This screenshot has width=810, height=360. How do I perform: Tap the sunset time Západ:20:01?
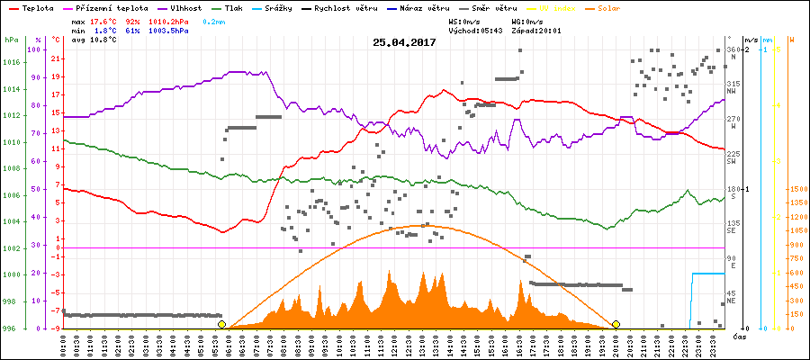[540, 30]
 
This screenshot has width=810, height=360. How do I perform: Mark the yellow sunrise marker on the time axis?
[222, 324]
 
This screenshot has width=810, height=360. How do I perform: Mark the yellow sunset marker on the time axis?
[616, 324]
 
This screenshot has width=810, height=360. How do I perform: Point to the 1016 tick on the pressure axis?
[10, 62]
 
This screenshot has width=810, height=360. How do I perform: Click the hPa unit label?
[10, 40]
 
